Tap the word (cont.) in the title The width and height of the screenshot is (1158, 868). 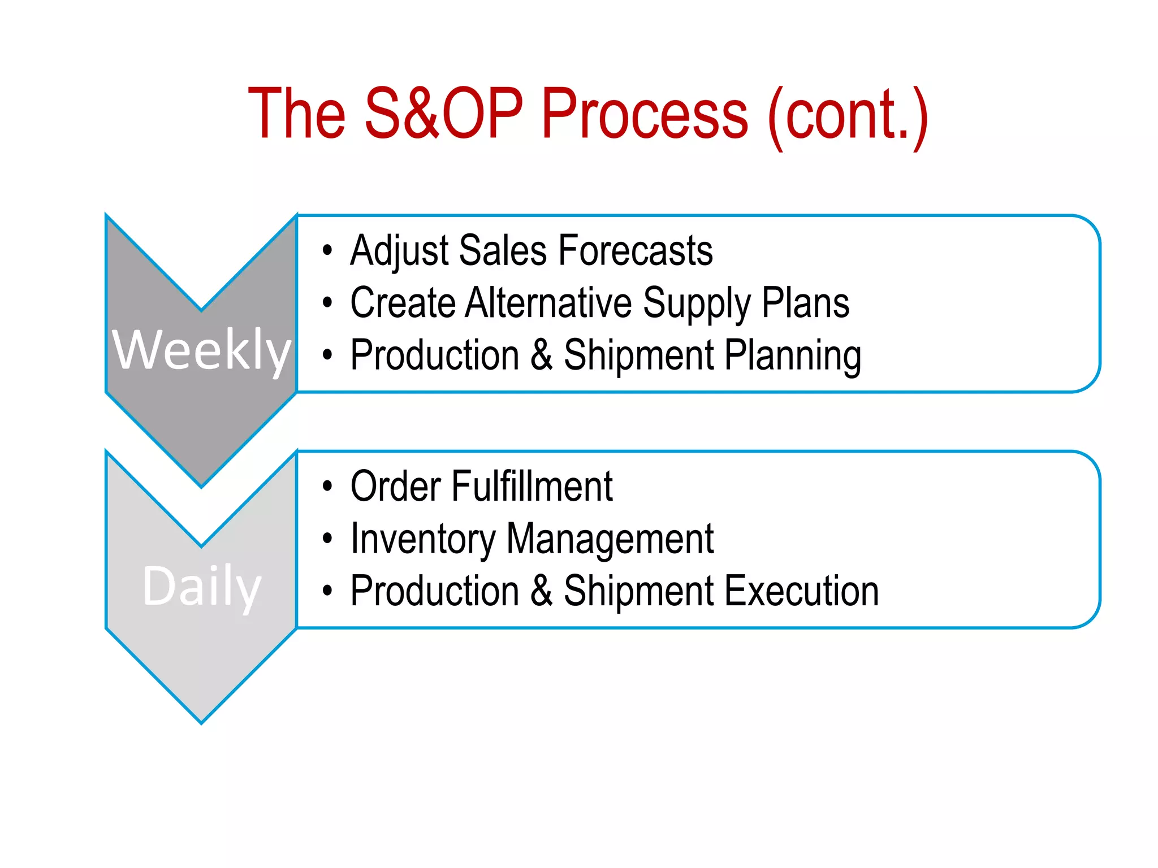click(847, 116)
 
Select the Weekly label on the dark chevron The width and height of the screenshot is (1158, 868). click(201, 350)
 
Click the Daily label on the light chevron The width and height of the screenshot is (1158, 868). click(201, 587)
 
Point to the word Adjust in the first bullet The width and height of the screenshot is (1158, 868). click(399, 251)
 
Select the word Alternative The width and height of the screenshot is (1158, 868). click(548, 303)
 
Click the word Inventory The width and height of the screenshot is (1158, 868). click(423, 539)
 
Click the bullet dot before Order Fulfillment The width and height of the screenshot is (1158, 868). click(327, 486)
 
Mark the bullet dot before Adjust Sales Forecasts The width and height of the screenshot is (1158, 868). click(327, 250)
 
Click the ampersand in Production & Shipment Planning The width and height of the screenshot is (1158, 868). click(541, 355)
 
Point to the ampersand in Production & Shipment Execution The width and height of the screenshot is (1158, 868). click(541, 591)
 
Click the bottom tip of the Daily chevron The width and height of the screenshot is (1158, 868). click(201, 720)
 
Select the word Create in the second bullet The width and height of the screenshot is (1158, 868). click(403, 303)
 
